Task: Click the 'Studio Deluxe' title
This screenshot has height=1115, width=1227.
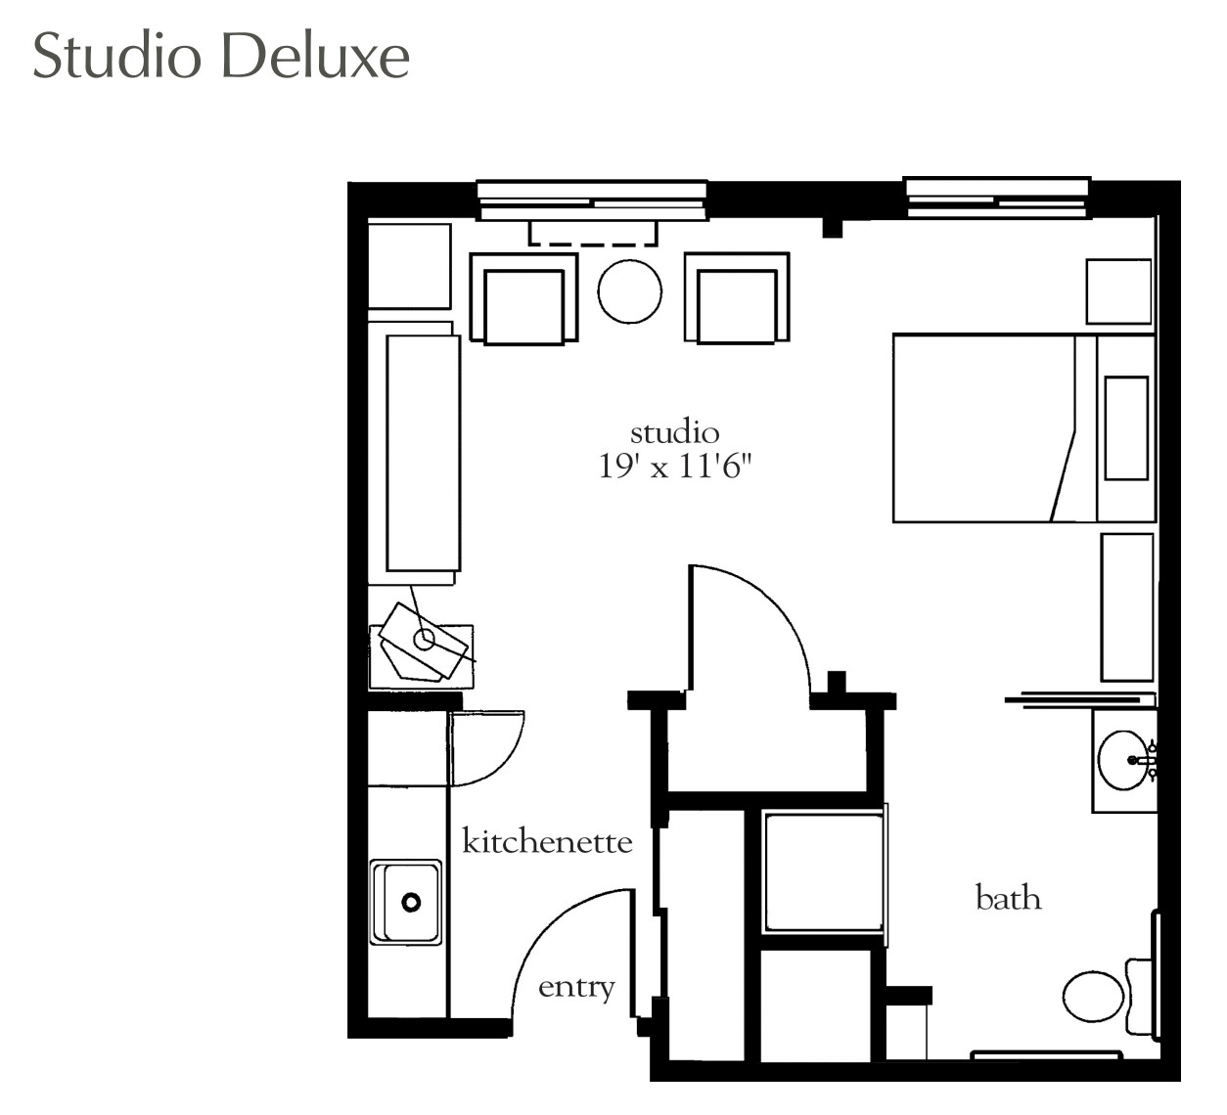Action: [221, 57]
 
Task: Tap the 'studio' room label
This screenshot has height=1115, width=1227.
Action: [675, 432]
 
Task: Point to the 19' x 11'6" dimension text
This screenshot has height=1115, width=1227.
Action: [675, 467]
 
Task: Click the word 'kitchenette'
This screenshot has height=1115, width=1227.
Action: [547, 841]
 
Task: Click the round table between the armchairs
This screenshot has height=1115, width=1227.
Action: [629, 291]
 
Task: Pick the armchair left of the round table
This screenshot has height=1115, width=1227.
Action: [523, 298]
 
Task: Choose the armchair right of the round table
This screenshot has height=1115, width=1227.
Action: [737, 298]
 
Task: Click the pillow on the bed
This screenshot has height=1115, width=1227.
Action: [1126, 428]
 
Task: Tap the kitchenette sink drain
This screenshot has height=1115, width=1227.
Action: [411, 902]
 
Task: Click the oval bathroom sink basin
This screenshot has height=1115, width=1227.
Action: [1123, 760]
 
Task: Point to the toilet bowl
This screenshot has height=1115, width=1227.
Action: [1093, 996]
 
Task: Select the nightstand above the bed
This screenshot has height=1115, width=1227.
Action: [1118, 291]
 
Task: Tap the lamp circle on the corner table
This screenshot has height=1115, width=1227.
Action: [424, 640]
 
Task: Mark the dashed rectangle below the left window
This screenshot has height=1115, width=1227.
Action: [593, 235]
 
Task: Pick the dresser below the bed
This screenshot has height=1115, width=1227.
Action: [1127, 607]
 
